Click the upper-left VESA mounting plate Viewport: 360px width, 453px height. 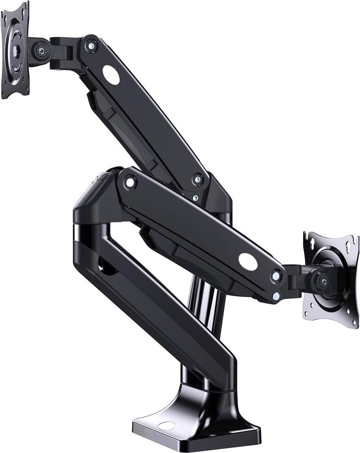(14, 50)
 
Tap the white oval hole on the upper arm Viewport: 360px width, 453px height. (111, 75)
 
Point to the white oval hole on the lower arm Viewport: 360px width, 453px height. (248, 261)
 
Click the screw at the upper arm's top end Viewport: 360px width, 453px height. (91, 46)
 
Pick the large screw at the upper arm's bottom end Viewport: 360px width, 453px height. (198, 180)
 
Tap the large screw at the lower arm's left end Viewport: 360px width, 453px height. (130, 182)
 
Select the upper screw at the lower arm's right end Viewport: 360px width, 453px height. (276, 276)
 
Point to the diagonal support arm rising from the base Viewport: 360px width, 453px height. (158, 306)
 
